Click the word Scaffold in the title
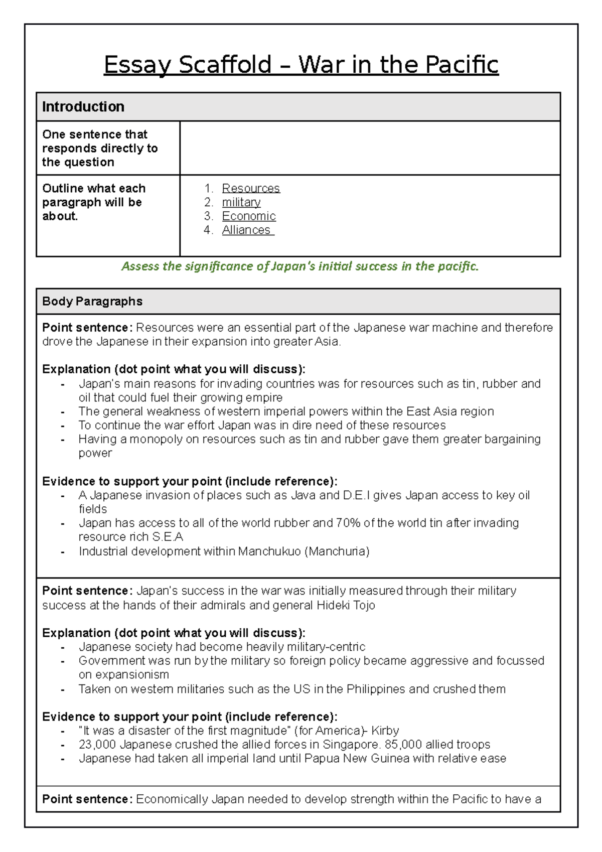225,65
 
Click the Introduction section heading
83,107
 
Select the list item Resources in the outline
251,188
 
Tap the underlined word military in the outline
241,202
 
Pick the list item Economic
249,216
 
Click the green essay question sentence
300,266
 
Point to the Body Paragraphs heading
92,302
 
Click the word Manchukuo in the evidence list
269,551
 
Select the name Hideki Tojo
346,605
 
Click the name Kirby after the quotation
385,731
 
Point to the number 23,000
97,745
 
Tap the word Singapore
351,745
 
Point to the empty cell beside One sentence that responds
370,148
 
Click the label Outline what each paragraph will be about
94,202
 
